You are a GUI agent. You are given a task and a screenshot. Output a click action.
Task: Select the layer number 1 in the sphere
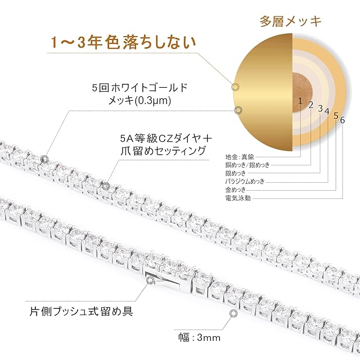click(301, 102)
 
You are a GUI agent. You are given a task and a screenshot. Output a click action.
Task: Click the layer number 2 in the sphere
click(310, 105)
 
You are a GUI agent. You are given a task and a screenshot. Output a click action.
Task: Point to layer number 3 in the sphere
click(320, 108)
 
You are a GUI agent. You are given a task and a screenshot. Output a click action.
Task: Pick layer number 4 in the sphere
click(327, 111)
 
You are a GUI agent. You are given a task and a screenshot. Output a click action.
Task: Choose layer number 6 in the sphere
click(343, 119)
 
